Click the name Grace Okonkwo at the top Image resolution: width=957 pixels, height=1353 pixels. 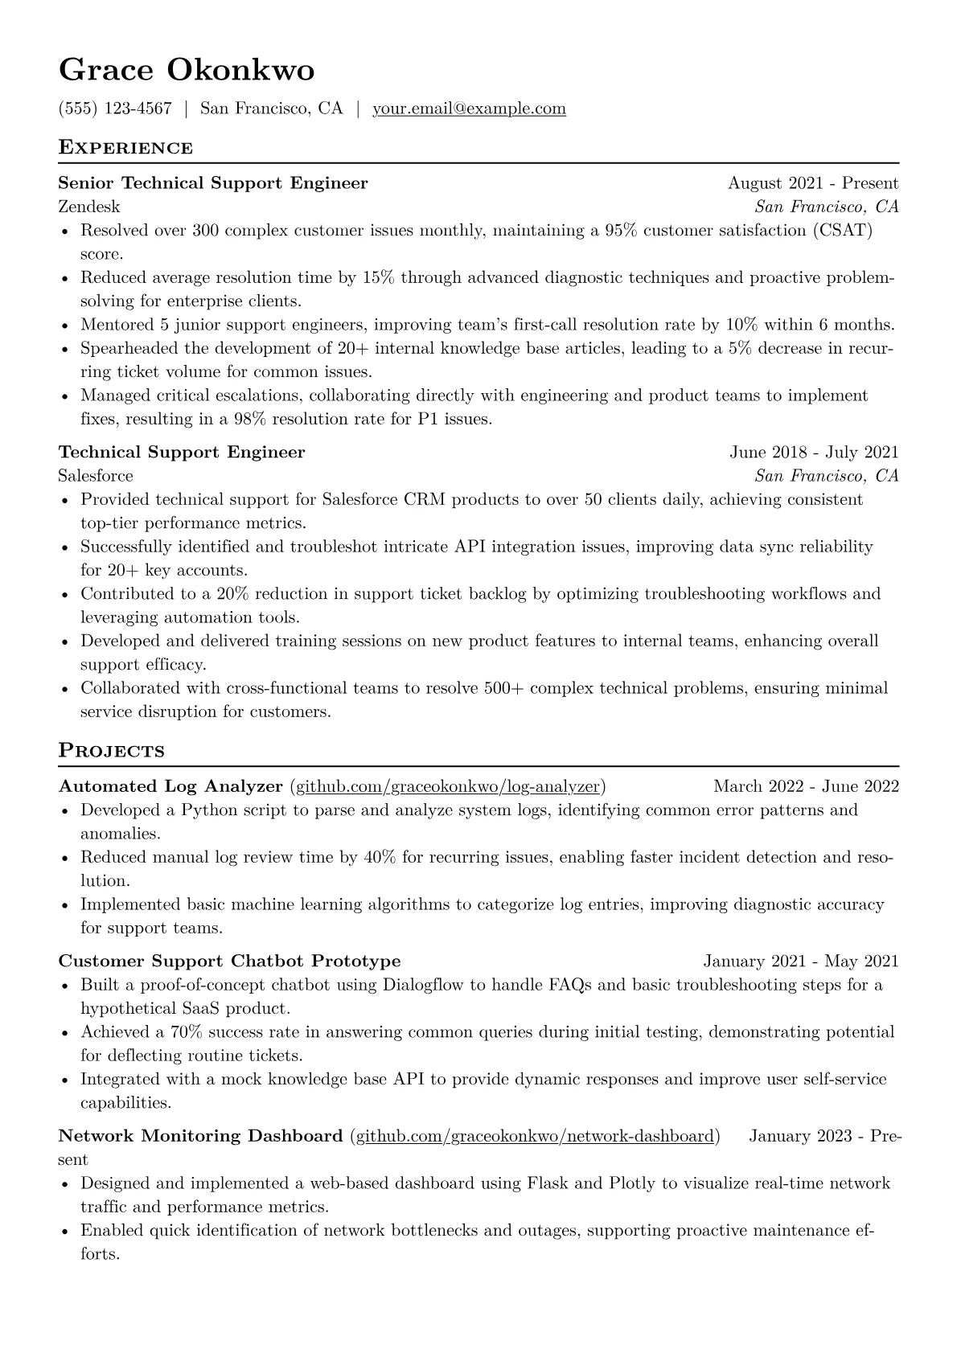coord(187,70)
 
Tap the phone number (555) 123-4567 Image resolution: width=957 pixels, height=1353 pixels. coord(115,109)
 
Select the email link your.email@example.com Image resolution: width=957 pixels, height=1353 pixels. coord(469,109)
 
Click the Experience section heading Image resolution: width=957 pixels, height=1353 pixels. coord(125,148)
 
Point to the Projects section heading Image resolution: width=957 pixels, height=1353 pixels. coord(111,751)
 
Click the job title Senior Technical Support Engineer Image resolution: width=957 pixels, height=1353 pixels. coord(213,183)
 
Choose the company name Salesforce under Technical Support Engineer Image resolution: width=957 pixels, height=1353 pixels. coord(96,476)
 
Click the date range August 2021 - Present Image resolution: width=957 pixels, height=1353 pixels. coord(813,183)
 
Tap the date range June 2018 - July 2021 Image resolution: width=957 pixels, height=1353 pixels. coord(814,453)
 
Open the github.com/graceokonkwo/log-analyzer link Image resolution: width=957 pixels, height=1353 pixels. coord(448,786)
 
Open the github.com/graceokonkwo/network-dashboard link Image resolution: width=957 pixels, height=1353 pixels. coord(535,1136)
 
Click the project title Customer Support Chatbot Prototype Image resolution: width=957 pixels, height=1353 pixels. coord(229,961)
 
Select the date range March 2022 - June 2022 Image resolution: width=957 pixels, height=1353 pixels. coord(806,786)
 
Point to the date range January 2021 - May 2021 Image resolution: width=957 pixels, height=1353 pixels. coord(801,961)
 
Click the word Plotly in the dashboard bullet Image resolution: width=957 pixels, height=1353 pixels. coord(631,1183)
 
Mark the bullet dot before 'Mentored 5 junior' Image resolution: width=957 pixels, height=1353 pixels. coord(65,326)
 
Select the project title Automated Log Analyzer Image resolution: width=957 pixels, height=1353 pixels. coord(170,786)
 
